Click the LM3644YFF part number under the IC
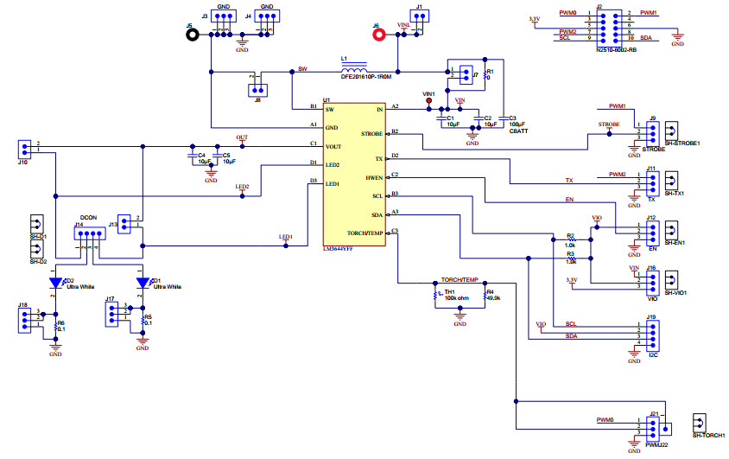tap(342, 248)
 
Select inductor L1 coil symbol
tap(353, 67)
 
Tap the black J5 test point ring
tap(194, 35)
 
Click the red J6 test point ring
tap(377, 35)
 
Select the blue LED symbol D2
tap(56, 284)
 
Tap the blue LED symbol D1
tap(143, 284)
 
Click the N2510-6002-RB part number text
tap(615, 50)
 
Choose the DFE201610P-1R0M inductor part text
tap(365, 77)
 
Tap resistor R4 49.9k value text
tap(493, 298)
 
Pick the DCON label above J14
tap(87, 218)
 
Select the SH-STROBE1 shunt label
tap(681, 143)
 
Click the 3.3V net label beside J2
tap(534, 18)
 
